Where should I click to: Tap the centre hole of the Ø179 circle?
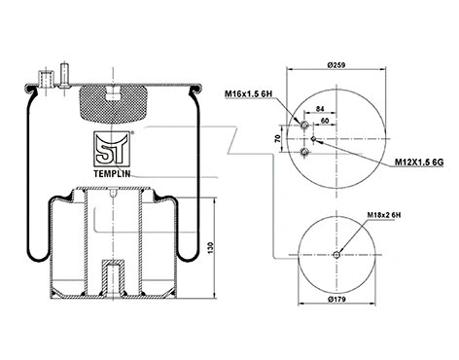coord(335,257)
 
